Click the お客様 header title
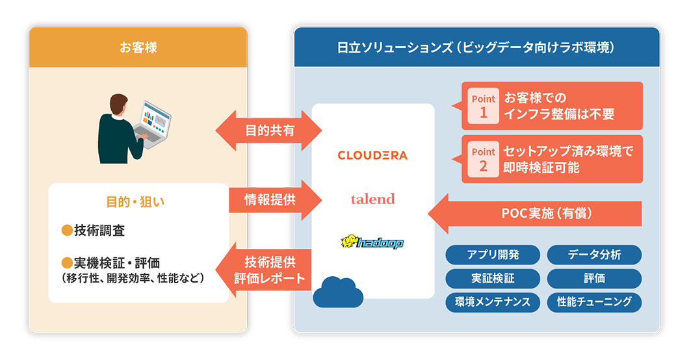point(138,47)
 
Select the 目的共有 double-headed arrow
point(269,130)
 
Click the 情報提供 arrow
point(273,199)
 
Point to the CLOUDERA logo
point(372,155)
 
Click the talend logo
point(372,199)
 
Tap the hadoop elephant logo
point(372,242)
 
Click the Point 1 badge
point(483,106)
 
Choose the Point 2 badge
point(483,159)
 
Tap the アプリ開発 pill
point(493,255)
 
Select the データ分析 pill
point(594,255)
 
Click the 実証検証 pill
point(493,278)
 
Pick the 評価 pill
point(594,278)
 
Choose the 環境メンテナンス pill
point(493,302)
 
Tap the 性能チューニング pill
point(594,302)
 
